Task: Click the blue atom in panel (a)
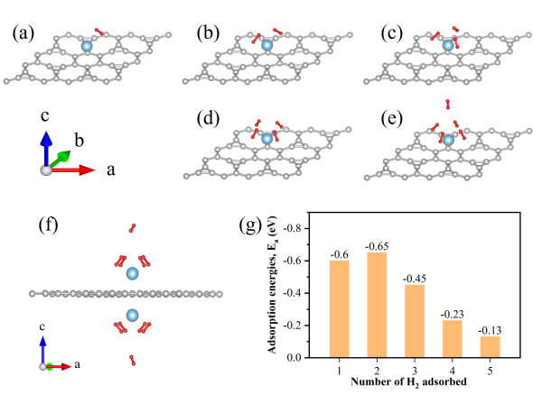87,46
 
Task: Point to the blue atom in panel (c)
446,44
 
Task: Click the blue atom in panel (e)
447,139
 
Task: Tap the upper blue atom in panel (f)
133,273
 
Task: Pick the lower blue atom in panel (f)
133,316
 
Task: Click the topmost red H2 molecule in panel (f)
134,227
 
